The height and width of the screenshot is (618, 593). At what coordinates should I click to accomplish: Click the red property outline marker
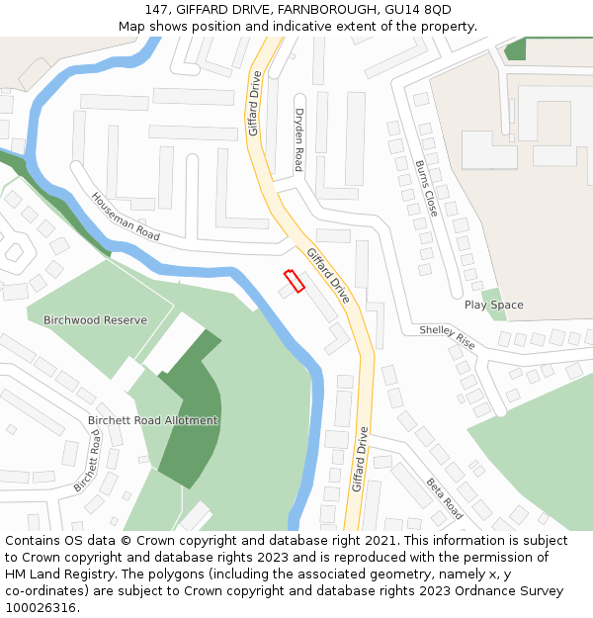[x=294, y=281]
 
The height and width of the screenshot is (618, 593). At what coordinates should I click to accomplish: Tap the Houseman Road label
[x=126, y=217]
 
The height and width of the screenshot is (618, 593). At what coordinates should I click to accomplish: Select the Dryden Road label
[x=298, y=139]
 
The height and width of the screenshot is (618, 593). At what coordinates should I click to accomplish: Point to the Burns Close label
[x=426, y=188]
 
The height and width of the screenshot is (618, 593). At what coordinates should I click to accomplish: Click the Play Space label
[x=494, y=306]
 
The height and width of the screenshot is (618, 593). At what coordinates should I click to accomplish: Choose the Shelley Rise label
[x=448, y=337]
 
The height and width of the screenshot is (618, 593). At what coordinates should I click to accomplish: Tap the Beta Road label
[x=445, y=498]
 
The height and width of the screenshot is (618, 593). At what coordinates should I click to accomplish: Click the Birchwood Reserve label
[x=95, y=320]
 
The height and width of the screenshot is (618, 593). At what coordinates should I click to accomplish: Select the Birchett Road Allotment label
[x=153, y=420]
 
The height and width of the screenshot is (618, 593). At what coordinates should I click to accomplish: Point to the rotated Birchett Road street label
[x=87, y=461]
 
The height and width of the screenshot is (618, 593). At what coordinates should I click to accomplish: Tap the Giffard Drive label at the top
[x=254, y=103]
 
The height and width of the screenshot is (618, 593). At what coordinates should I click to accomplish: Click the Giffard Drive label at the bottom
[x=361, y=459]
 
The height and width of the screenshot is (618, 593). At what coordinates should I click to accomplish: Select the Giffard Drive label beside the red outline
[x=327, y=275]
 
